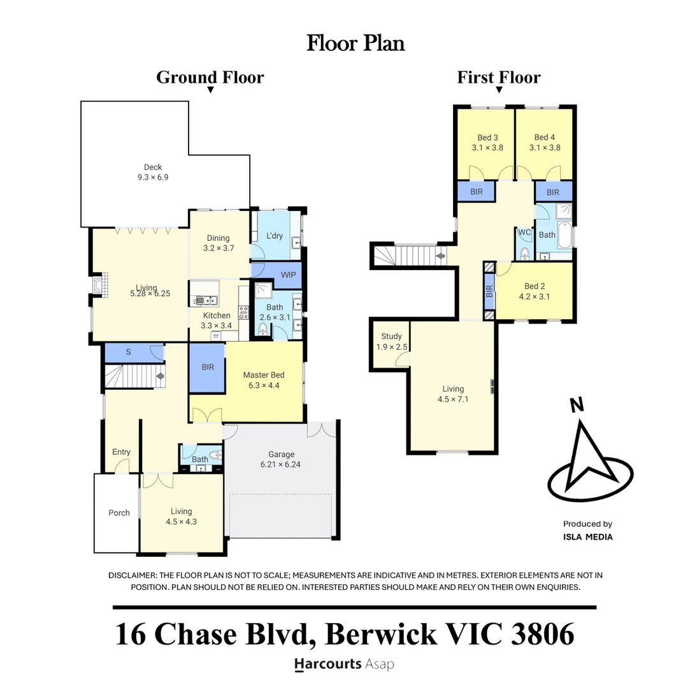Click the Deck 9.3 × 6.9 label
[153, 172]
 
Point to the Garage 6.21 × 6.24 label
[281, 459]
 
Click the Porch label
[119, 513]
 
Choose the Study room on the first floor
[391, 341]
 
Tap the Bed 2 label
[534, 291]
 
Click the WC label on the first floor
[524, 233]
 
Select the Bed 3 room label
[487, 142]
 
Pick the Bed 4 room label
[545, 142]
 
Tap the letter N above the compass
[577, 405]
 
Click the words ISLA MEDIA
[587, 537]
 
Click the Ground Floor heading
[210, 78]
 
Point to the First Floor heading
[499, 78]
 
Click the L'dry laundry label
[274, 236]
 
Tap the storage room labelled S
[129, 352]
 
